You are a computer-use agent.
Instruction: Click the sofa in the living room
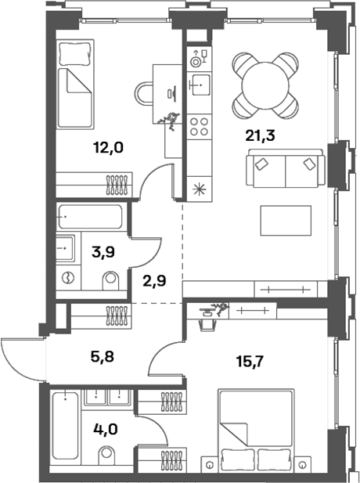click(x=285, y=167)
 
